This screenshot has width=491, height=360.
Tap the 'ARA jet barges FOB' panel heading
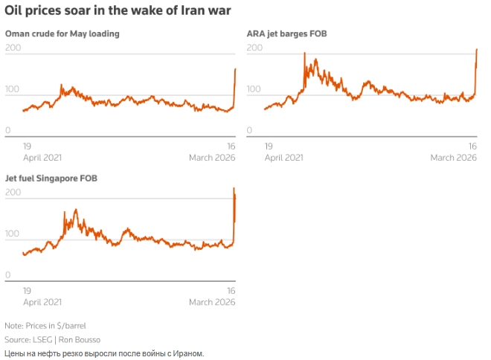tap(286, 33)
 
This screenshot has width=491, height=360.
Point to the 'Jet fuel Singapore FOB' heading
tap(51, 179)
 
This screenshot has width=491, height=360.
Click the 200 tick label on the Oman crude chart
tap(13, 48)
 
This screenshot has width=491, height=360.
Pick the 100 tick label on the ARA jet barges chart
tap(254, 89)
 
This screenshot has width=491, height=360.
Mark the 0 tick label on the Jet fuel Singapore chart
tap(8, 274)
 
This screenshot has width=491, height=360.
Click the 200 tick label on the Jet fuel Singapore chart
tap(13, 193)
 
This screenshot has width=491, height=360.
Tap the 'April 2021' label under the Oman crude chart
tap(42, 157)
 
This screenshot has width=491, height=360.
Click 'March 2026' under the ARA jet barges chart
tap(453, 157)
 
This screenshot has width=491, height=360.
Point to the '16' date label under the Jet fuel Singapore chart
tap(231, 291)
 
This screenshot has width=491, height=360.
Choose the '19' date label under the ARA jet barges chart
tap(269, 147)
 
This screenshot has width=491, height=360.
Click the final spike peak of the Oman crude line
tap(235, 69)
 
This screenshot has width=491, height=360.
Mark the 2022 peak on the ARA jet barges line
tap(304, 54)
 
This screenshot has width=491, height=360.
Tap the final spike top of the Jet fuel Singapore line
tap(234, 188)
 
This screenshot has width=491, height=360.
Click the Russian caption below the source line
tap(103, 353)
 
